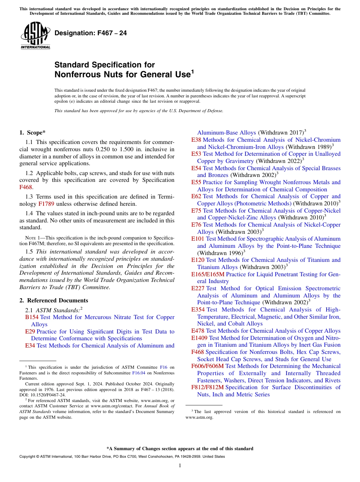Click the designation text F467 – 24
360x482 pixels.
pyautogui.click(x=91, y=33)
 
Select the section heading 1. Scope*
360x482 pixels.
pyautogui.click(x=32, y=133)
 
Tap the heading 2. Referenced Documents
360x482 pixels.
pyautogui.click(x=53, y=300)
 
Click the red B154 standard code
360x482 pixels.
pyautogui.click(x=32, y=317)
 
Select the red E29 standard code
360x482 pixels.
pyautogui.click(x=30, y=332)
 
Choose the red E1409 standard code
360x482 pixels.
pyautogui.click(x=199, y=338)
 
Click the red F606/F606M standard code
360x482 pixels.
pyautogui.click(x=207, y=366)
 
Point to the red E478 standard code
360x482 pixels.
pyautogui.click(x=198, y=331)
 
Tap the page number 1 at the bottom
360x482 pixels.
pyautogui.click(x=180, y=465)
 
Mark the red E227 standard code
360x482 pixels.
pyautogui.click(x=198, y=288)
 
